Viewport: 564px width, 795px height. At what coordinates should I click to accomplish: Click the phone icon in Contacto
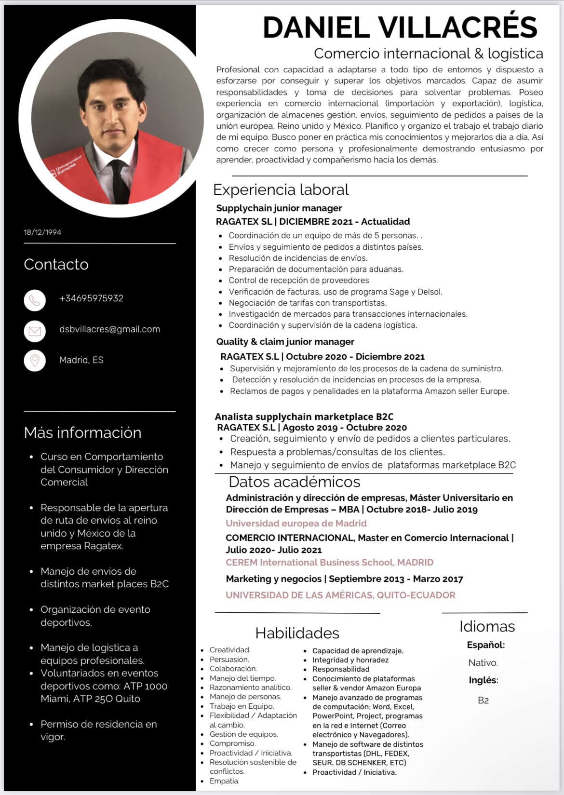(35, 300)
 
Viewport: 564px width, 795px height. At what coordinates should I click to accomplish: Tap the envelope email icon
(35, 331)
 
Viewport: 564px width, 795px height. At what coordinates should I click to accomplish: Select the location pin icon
(35, 361)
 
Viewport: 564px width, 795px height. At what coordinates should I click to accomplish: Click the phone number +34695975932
(91, 298)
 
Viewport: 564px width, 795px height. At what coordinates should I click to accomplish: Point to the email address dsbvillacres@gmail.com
(109, 329)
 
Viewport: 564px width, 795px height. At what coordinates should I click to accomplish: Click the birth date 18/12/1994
(42, 232)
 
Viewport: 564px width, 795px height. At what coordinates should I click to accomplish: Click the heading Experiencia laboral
(281, 190)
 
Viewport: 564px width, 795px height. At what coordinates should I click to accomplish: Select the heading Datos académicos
(294, 482)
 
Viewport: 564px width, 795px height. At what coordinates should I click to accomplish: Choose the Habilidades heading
(297, 633)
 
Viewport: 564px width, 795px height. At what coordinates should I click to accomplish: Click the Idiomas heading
(487, 626)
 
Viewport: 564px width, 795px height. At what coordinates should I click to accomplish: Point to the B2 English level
(483, 701)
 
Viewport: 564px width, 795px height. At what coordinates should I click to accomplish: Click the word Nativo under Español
(483, 663)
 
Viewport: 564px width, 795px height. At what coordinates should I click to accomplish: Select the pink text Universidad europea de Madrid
(296, 524)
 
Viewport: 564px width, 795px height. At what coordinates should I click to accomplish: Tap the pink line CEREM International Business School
(329, 563)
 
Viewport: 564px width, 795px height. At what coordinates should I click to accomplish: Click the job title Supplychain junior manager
(279, 208)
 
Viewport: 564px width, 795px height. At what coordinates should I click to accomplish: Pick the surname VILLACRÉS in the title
(457, 27)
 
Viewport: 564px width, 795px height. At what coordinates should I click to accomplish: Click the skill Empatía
(224, 781)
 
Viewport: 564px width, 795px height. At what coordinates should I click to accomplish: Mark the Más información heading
(82, 433)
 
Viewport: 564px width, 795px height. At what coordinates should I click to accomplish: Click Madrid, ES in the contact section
(81, 360)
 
